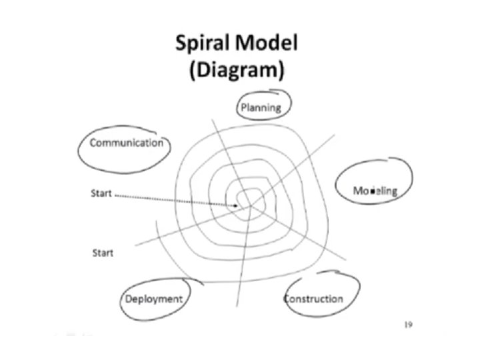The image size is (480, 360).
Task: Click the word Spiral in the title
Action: point(203,45)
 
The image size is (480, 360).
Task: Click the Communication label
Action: point(126,143)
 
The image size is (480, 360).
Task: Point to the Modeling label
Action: point(375,191)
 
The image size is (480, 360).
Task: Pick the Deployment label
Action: point(154,299)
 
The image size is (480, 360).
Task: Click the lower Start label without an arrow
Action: point(102,253)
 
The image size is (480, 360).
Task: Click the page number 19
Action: point(410,325)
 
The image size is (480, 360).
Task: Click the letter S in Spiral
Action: point(181,45)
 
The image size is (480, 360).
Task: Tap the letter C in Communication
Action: point(93,143)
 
